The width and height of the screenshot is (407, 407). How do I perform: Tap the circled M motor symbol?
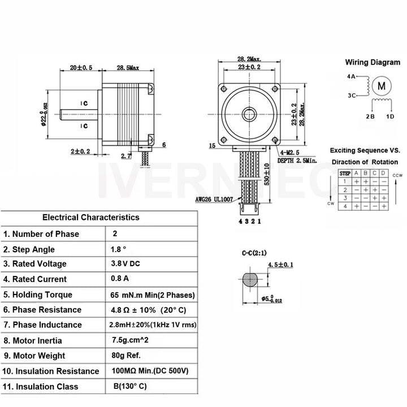point(382,86)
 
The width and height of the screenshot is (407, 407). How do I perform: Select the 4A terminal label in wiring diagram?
point(351,76)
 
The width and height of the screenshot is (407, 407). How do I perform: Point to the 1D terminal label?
point(390,116)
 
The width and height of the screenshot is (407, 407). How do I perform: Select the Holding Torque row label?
point(38,295)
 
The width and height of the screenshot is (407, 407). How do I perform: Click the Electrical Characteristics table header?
point(90,217)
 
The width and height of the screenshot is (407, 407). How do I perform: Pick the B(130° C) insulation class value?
point(131,387)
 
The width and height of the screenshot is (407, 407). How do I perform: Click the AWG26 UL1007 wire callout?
point(215,200)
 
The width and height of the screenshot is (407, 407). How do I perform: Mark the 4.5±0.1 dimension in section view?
point(280,265)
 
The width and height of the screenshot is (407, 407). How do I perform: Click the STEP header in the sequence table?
point(345,173)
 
